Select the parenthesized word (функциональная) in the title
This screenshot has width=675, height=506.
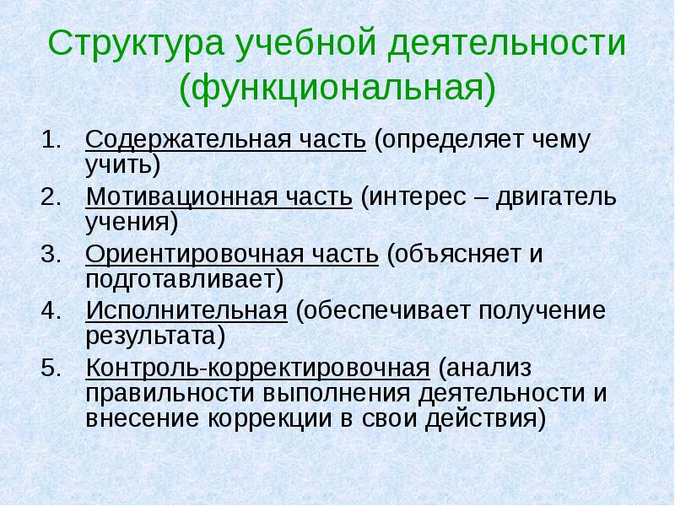point(337,87)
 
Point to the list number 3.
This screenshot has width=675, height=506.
point(51,253)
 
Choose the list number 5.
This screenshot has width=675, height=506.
point(51,368)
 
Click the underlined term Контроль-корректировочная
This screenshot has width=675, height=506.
point(257,368)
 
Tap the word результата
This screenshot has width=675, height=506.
point(155,334)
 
